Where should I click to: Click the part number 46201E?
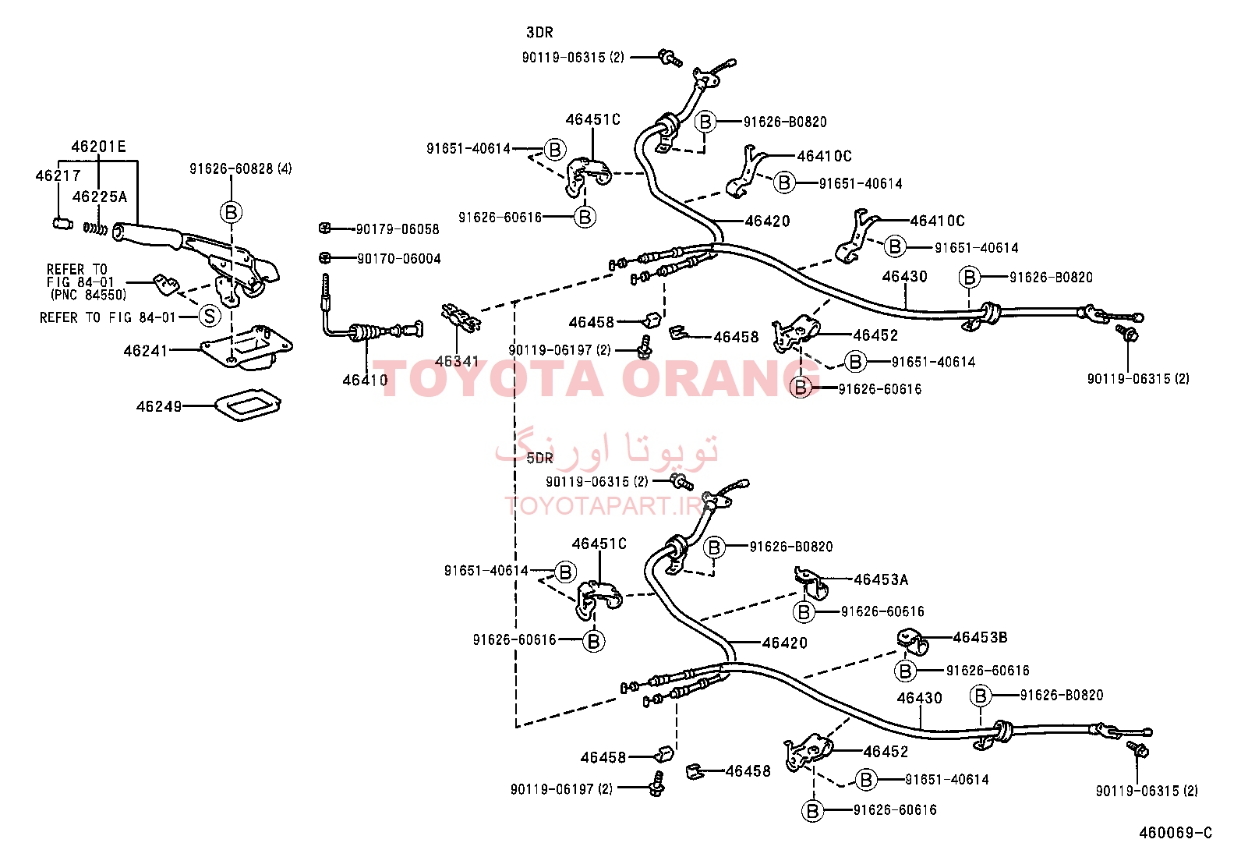pos(99,147)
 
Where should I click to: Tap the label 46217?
pos(58,175)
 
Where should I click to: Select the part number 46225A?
pos(100,197)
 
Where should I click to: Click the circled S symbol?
pos(210,316)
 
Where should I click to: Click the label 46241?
pos(145,351)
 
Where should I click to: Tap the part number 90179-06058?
pos(398,229)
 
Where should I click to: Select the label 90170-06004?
pos(399,259)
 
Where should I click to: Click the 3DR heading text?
pos(539,33)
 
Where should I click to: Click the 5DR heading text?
pos(539,458)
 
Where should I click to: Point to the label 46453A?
pos(881,580)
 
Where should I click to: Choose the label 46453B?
pos(980,637)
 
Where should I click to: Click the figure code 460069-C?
pos(1176,833)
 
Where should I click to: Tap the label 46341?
pos(457,361)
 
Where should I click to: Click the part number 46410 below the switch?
pos(365,381)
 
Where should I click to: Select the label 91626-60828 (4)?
pos(240,168)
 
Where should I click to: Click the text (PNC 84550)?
pos(89,295)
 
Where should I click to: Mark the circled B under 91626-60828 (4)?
pos(231,212)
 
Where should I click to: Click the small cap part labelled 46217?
pos(62,224)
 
